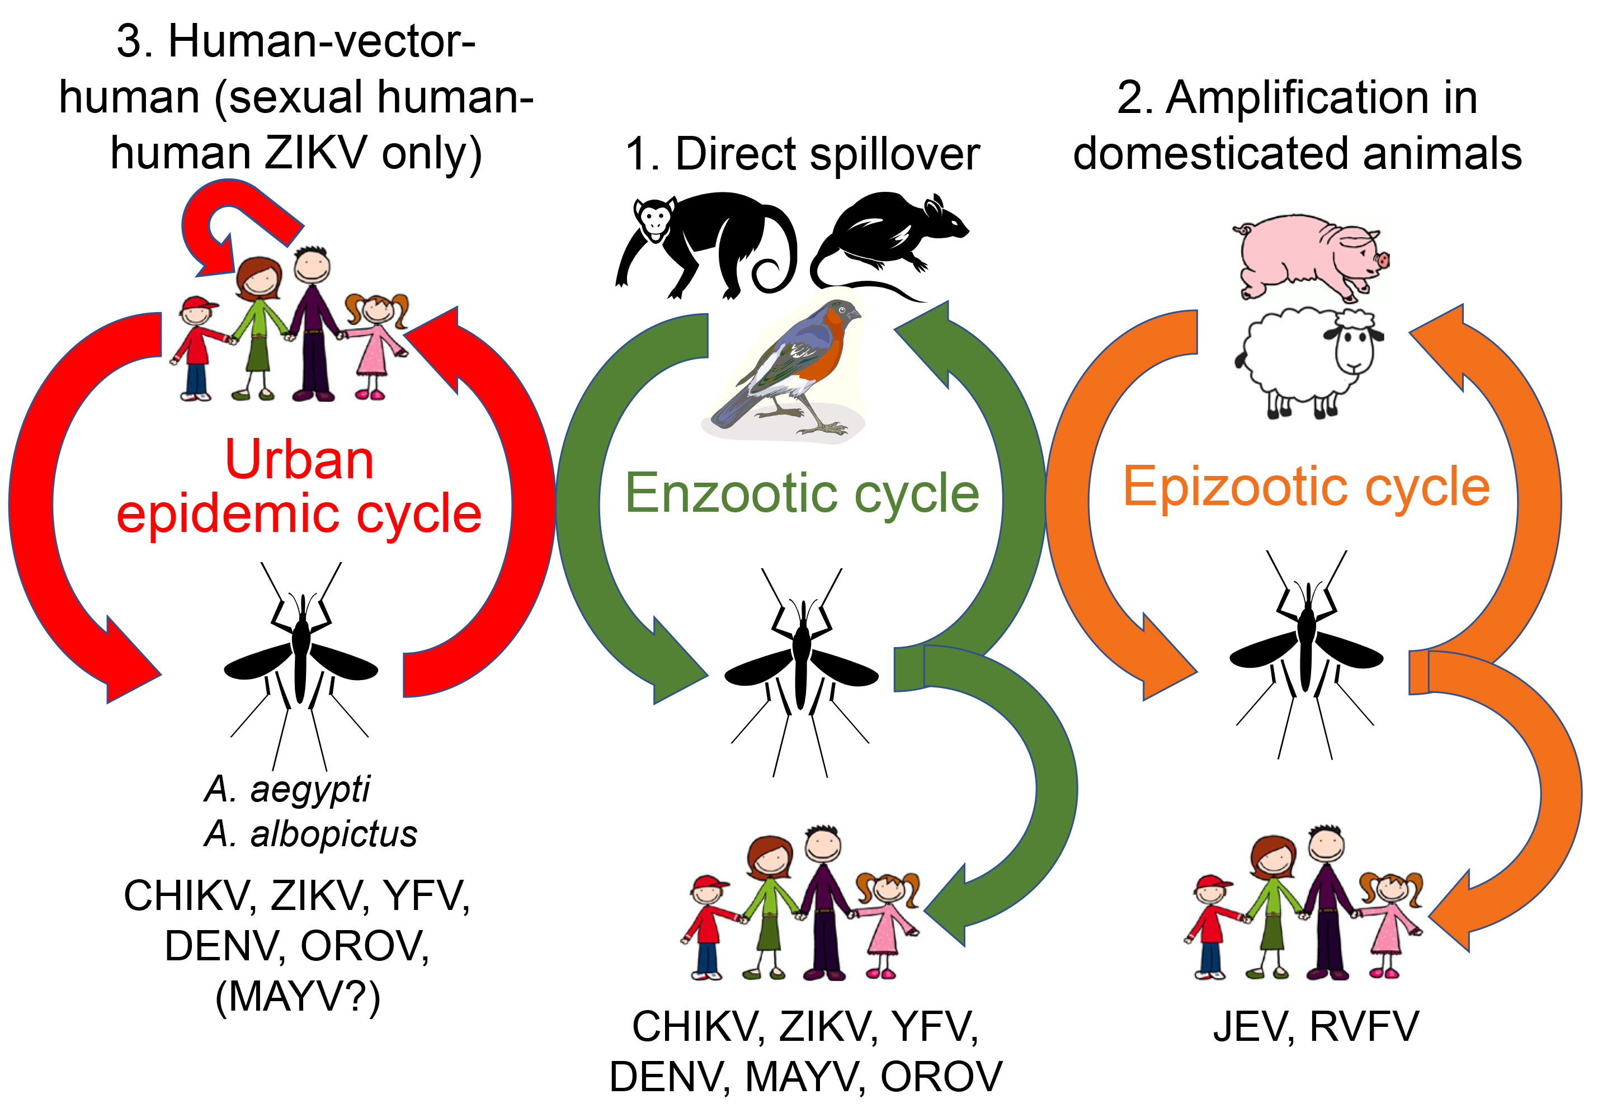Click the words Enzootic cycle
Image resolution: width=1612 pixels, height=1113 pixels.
tap(802, 493)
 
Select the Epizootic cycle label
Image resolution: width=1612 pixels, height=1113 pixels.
tap(1306, 486)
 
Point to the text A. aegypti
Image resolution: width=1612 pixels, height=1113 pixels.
tap(287, 789)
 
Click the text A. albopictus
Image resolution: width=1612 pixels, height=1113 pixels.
tap(311, 833)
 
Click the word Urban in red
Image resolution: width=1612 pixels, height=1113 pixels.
tap(300, 460)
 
